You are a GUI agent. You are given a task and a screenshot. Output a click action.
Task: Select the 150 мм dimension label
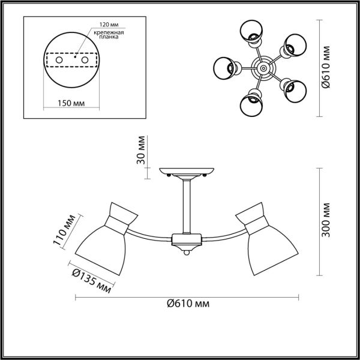pyautogui.click(x=71, y=103)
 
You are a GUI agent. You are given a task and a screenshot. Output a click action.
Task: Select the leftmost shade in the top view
pyautogui.click(x=224, y=68)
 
